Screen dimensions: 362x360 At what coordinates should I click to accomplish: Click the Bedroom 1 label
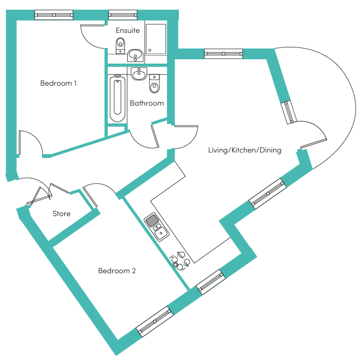pos(58,83)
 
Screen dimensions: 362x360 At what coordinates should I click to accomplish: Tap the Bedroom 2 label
pos(117,271)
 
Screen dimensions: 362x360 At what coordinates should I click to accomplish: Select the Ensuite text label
pos(128,30)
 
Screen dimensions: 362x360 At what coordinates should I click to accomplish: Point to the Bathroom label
pos(147,103)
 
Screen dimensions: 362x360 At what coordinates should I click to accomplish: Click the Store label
pos(61,213)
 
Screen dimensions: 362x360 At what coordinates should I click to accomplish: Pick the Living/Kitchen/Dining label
pos(245,150)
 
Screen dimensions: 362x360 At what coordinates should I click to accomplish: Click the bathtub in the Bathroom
pos(117,99)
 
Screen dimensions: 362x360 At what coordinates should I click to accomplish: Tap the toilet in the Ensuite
pos(120,45)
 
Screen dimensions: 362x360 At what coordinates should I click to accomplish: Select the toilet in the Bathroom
pos(154,84)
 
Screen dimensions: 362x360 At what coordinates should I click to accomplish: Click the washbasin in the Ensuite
pos(136,56)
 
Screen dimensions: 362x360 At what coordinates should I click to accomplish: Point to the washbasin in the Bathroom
pos(139,74)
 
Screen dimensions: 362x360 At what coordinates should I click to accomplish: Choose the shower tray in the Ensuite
pos(156,39)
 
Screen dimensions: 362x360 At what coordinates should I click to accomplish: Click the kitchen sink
pos(157,227)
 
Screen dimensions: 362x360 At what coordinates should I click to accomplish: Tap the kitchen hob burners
pos(180,261)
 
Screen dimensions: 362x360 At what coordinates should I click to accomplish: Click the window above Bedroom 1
pos(54,15)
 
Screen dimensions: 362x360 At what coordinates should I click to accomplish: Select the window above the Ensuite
pos(123,15)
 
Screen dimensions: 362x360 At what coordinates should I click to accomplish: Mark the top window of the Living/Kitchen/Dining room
pos(224,54)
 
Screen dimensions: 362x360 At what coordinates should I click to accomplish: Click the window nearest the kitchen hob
pos(211,282)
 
